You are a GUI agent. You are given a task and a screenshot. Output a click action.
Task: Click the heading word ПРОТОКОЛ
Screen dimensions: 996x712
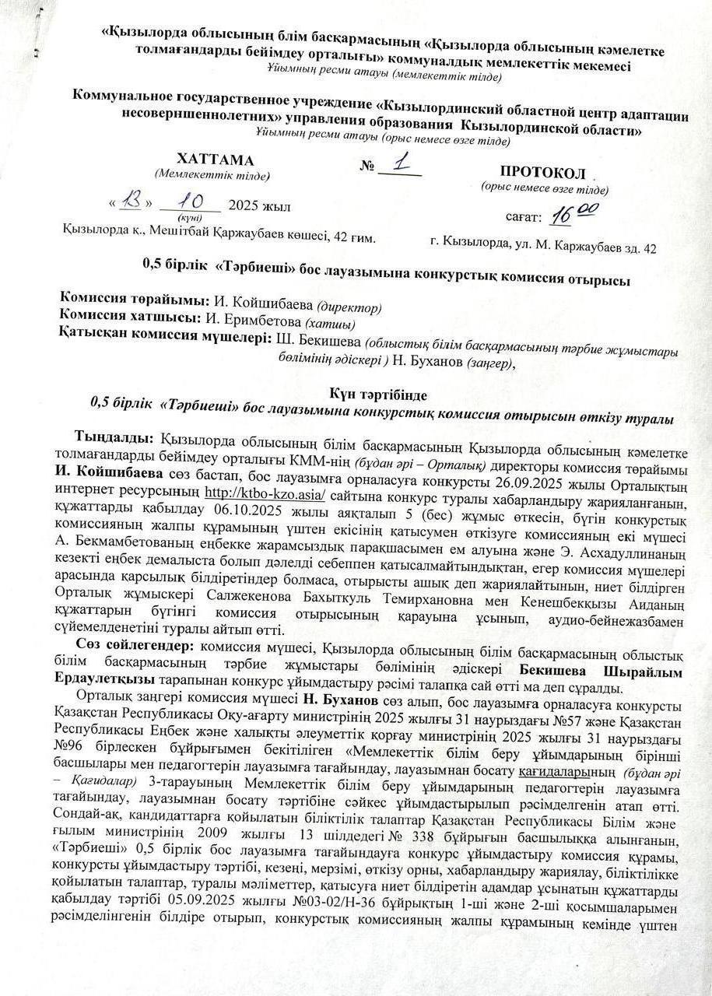click(x=542, y=173)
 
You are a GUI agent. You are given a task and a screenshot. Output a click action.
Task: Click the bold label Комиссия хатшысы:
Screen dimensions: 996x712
click(x=131, y=318)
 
